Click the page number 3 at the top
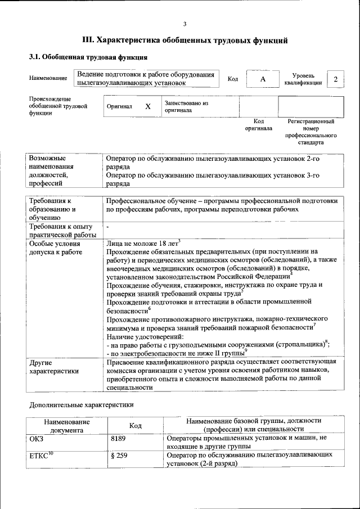[184, 24]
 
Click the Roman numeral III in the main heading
[88, 40]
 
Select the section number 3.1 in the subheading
[34, 57]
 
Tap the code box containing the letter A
[262, 79]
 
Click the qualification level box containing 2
[336, 79]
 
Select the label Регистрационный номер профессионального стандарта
[310, 132]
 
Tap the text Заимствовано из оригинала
[186, 106]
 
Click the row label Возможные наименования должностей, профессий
[51, 170]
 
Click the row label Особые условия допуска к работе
[55, 247]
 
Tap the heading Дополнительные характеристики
[81, 404]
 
